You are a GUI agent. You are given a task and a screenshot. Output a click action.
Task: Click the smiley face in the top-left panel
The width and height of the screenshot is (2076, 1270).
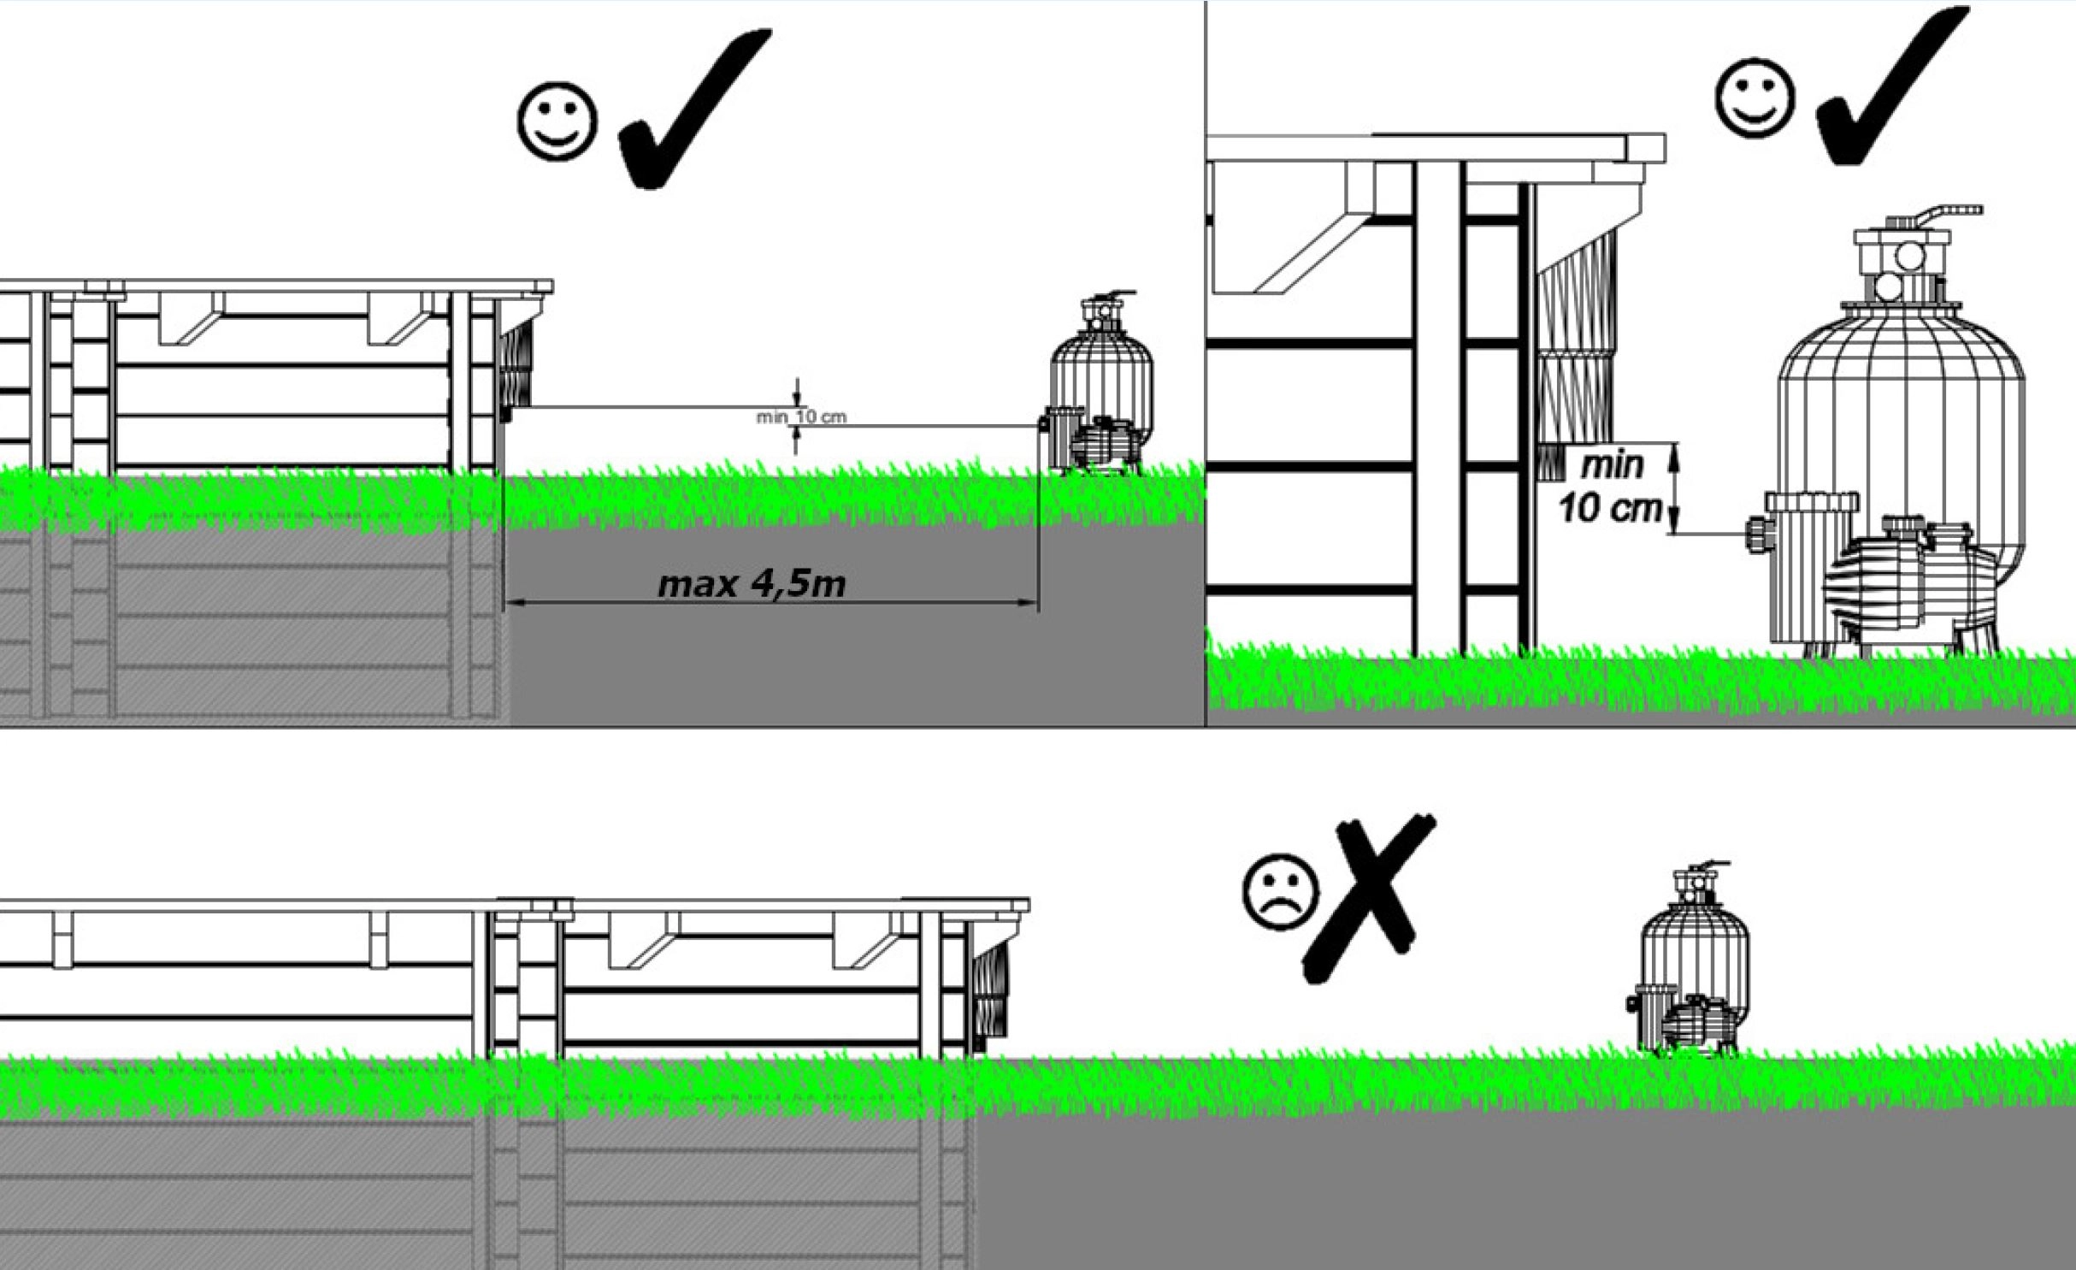(557, 121)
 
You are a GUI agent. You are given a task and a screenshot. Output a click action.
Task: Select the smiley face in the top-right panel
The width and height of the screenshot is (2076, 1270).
(1755, 97)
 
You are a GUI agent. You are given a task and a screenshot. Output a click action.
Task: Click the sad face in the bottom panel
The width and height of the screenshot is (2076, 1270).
(1280, 891)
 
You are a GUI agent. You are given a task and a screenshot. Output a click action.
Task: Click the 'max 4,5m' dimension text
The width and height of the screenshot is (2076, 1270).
(752, 584)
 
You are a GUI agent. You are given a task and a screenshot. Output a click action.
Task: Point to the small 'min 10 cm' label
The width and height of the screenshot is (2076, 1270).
(800, 417)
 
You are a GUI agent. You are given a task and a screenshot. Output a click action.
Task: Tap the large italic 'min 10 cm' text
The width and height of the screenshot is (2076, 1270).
(1611, 487)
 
